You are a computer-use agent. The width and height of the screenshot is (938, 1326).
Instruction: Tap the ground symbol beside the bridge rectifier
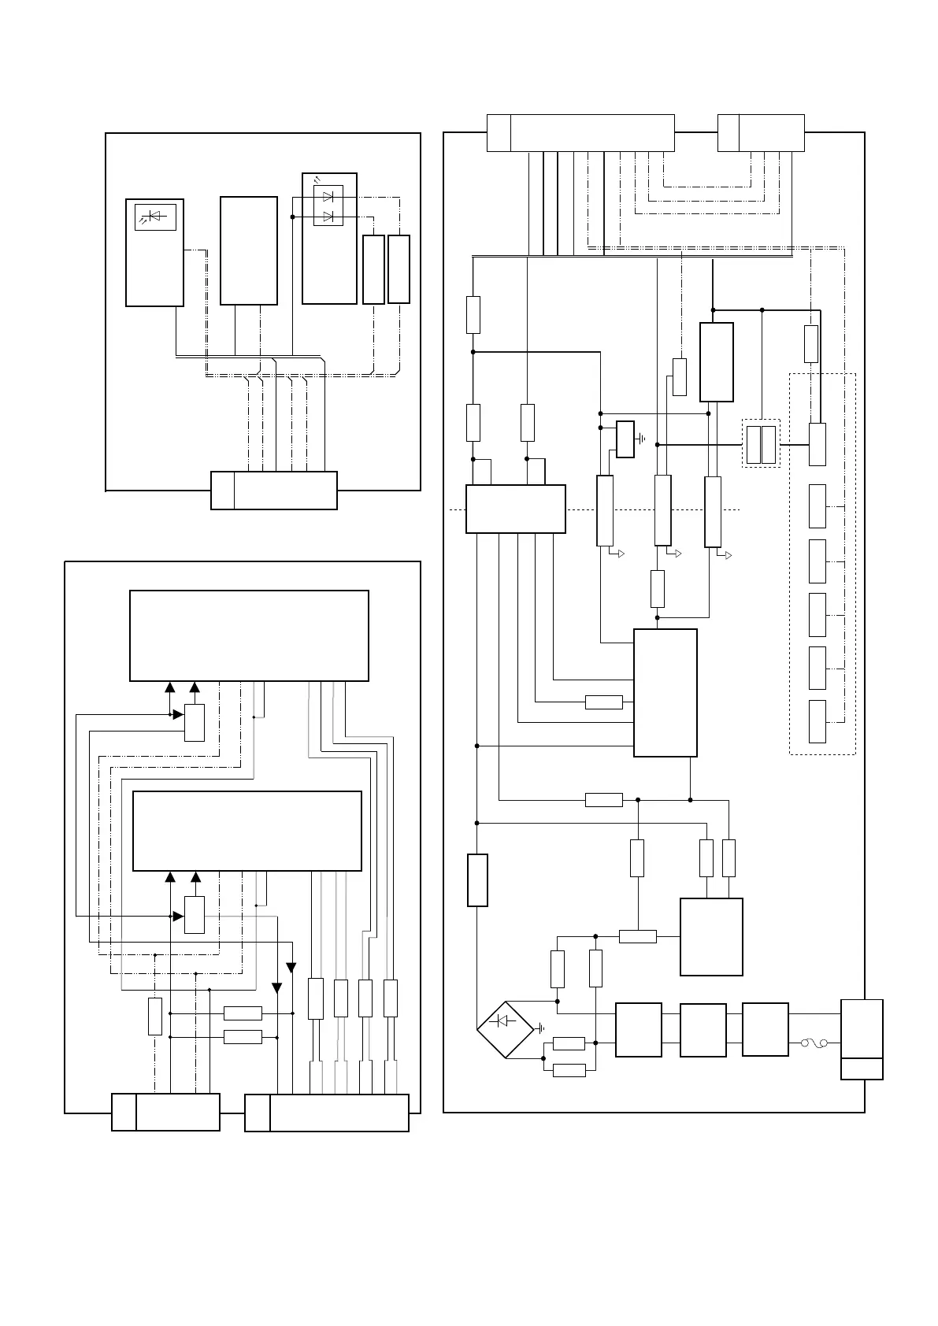pyautogui.click(x=540, y=1028)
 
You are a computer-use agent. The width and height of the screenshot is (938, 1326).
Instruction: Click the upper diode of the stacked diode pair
pyautogui.click(x=328, y=196)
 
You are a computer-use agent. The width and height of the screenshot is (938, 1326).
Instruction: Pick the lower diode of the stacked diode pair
pyautogui.click(x=328, y=216)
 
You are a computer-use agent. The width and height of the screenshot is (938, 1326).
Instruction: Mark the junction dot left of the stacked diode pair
pyautogui.click(x=292, y=216)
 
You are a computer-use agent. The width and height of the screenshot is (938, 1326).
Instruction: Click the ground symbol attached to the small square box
pyautogui.click(x=643, y=439)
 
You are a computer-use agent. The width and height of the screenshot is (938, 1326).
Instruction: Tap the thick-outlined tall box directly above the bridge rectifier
pyautogui.click(x=477, y=880)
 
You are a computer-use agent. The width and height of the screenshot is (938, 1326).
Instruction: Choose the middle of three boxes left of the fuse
pyautogui.click(x=703, y=1030)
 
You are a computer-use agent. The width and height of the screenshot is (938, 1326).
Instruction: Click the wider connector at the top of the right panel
pyautogui.click(x=580, y=132)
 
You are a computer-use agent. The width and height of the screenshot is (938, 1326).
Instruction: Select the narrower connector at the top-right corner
pyautogui.click(x=761, y=132)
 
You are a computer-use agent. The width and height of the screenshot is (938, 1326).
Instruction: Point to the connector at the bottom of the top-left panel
pyautogui.click(x=274, y=491)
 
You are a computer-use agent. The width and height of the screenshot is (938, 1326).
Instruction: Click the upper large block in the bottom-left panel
pyautogui.click(x=249, y=635)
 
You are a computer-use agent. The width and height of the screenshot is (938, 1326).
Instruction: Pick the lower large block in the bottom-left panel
pyautogui.click(x=247, y=832)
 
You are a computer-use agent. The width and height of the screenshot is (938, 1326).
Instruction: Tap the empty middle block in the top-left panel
pyautogui.click(x=249, y=250)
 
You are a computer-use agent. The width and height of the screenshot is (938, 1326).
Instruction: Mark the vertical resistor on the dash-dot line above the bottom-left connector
pyautogui.click(x=155, y=1016)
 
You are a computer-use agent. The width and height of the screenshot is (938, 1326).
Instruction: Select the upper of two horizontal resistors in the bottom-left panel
pyautogui.click(x=243, y=1013)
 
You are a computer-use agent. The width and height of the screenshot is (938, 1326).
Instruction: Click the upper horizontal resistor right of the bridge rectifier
pyautogui.click(x=569, y=1043)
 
